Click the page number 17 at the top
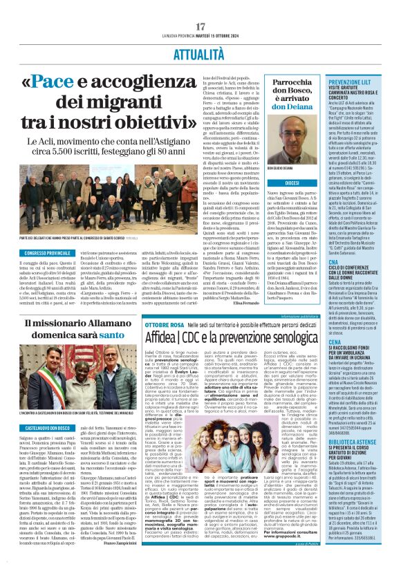[x=200, y=8]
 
